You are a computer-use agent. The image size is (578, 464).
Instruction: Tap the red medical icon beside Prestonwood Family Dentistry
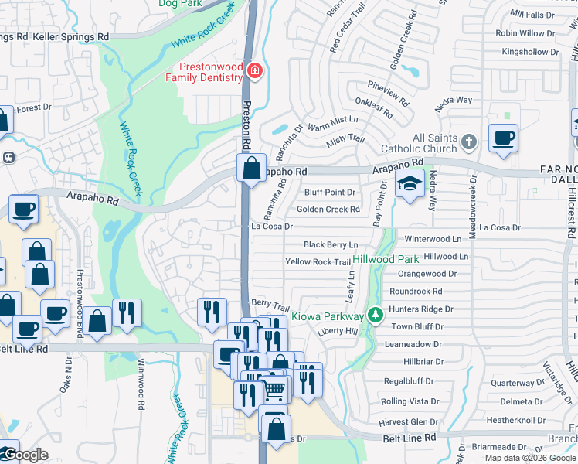253,72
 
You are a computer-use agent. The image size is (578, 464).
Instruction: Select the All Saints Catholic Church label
423,143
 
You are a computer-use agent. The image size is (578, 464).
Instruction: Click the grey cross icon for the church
468,142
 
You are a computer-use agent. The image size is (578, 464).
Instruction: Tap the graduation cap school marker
410,184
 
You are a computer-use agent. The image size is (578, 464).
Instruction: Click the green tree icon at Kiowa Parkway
375,315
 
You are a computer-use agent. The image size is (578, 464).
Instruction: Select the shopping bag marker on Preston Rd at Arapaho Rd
252,167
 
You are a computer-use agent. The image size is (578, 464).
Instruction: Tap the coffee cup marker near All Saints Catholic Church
503,138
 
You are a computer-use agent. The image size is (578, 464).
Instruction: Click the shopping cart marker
274,390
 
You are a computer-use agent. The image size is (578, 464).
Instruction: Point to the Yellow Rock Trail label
318,262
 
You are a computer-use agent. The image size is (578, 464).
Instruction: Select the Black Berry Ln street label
331,244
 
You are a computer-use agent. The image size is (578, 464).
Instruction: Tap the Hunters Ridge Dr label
421,309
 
